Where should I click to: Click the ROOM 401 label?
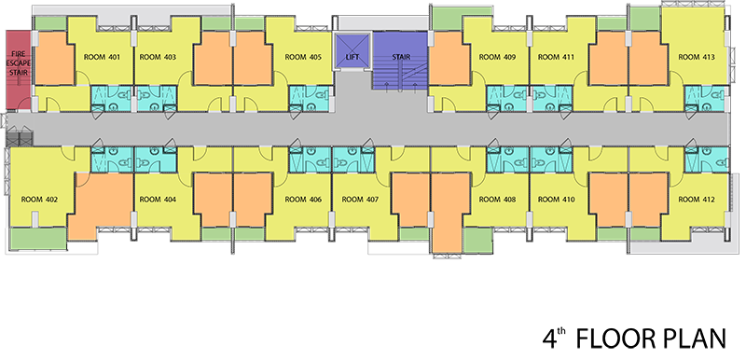102,57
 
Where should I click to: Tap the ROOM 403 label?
158,57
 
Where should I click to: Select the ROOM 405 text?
303,57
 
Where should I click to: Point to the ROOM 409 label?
497,57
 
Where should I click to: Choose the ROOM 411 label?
556,57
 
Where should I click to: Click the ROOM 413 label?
696,57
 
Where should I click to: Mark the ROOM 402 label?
39,200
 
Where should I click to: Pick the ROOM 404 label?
158,200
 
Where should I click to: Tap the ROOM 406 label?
303,200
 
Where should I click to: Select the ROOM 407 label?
360,200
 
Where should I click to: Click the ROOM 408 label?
497,200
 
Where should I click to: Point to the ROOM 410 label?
556,200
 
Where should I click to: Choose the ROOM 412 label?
696,200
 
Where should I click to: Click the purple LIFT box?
352,50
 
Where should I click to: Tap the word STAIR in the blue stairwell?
401,57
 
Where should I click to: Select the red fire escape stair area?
18,70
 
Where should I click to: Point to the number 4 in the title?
549,339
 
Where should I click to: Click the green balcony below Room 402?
38,238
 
